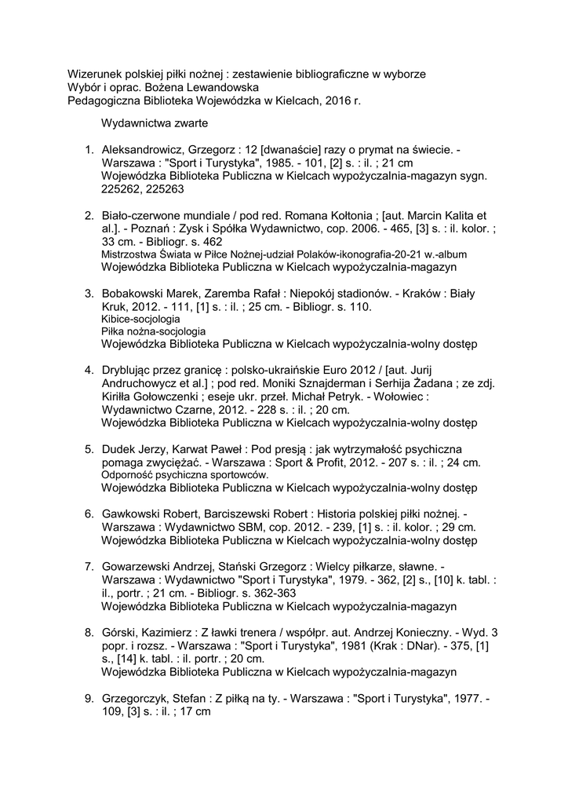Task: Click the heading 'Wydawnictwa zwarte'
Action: [x=154, y=123]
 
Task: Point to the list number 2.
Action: [x=89, y=214]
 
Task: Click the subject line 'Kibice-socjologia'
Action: [x=140, y=320]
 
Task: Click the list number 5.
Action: [x=89, y=448]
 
